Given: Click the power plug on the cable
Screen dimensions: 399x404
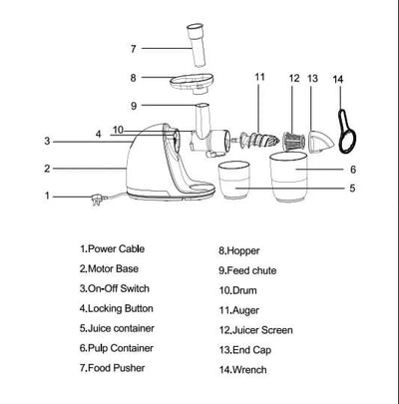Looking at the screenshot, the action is pos(99,200).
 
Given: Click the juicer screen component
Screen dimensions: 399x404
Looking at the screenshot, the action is pos(293,141).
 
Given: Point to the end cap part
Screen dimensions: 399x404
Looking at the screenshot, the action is pos(320,142).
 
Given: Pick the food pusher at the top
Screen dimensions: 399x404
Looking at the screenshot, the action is pos(197,45).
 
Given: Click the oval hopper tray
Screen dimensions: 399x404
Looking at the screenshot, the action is pos(192,82).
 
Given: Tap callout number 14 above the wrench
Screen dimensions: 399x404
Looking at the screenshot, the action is pos(338,79).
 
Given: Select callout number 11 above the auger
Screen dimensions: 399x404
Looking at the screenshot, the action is pos(259,77).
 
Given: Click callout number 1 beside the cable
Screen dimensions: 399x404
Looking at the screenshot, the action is pos(47,196).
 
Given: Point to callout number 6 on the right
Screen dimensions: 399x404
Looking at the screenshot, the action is pos(353,170).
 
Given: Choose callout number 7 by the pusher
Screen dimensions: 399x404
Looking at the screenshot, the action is pos(134,49).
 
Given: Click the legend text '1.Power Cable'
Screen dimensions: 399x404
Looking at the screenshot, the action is pos(112,248).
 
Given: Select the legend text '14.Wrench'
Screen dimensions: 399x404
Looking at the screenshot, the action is pos(242,370).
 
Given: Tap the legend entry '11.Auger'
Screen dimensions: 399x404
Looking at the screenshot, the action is pos(238,310).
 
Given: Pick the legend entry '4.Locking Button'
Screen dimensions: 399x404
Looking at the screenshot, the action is pos(117,308).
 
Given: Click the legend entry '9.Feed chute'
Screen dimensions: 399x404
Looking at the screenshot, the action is pos(247,270).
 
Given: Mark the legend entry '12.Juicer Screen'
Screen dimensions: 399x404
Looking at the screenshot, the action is pos(255,330).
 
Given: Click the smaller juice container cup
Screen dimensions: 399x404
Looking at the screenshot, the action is pos(233,181).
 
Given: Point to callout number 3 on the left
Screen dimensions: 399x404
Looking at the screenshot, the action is pos(47,141).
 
